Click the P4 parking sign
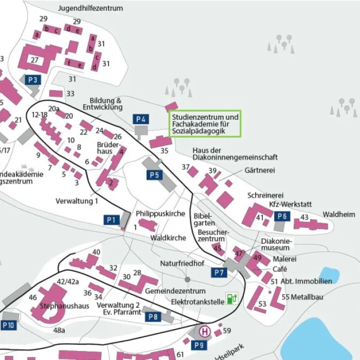pos(141,119)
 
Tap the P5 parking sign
pos(154,175)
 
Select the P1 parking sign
pos(111,220)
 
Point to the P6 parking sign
pos(281,217)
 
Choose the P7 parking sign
pos(220,272)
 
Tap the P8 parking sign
pos(153,317)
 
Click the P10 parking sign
pos(9,325)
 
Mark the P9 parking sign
pos(200,345)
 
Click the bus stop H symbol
pos(205,332)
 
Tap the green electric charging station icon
pos(233,298)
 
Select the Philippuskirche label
pos(160,213)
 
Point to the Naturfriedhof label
pos(182,263)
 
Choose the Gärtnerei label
pos(259,169)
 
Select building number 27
pos(35,60)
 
